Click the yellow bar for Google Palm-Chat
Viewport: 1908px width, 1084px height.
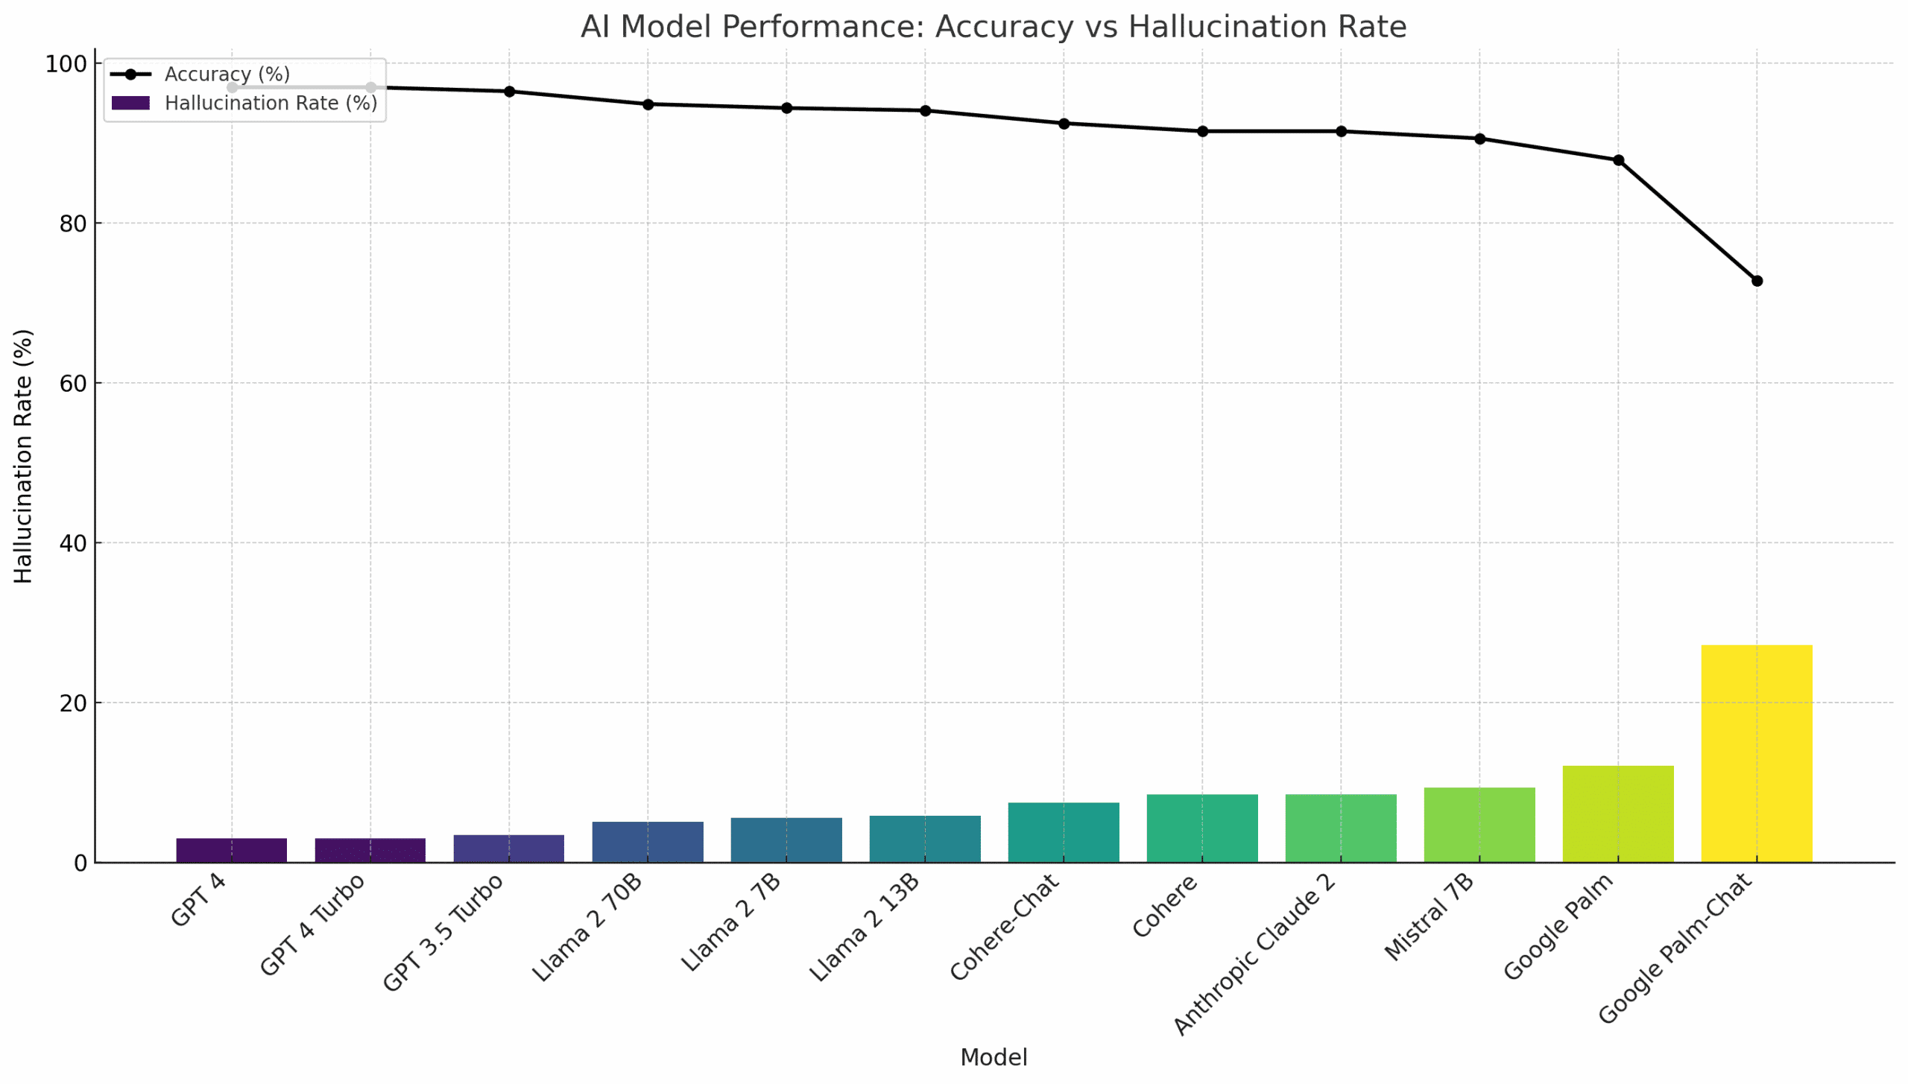(1756, 753)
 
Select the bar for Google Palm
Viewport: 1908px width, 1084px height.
(1617, 814)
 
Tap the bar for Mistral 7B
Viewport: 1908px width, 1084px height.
(1479, 825)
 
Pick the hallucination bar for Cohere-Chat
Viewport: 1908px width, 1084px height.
(1063, 832)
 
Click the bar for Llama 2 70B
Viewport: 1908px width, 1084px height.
(647, 842)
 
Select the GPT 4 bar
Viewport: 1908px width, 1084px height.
(231, 850)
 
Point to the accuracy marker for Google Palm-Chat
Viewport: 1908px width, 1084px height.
(1756, 281)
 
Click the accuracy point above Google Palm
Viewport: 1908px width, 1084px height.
(1617, 160)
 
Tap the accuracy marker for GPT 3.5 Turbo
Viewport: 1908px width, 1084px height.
(509, 92)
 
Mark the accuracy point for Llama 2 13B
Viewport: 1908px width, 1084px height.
(925, 110)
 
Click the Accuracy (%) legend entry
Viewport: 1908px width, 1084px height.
(227, 75)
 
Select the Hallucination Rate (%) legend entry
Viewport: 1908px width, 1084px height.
(270, 103)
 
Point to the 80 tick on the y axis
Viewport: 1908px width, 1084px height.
(73, 224)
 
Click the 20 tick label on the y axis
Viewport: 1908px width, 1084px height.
(73, 703)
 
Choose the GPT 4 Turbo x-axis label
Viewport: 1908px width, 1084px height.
(313, 924)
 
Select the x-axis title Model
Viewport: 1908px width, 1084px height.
(993, 1057)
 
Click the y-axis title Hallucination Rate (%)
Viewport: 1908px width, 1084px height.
(24, 456)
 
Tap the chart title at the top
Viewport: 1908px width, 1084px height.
(993, 27)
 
